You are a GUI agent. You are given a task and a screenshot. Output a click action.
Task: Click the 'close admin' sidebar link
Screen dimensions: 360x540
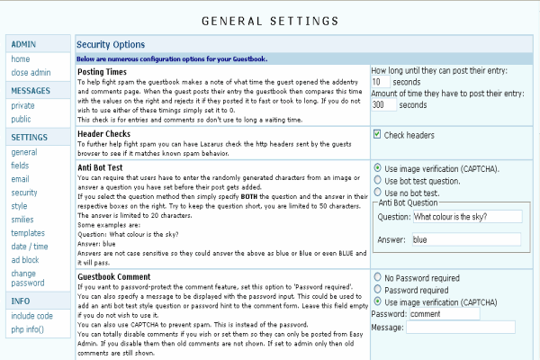click(31, 71)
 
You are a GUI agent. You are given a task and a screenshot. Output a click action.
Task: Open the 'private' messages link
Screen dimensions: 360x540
click(23, 105)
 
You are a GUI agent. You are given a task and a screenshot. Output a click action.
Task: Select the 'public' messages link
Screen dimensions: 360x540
click(22, 118)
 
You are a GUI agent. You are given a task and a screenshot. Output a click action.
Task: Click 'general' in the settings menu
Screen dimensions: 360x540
click(24, 152)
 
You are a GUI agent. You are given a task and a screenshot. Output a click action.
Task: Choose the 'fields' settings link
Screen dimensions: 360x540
click(21, 166)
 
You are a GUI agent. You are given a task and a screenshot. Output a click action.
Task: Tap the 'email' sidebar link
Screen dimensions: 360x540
click(21, 179)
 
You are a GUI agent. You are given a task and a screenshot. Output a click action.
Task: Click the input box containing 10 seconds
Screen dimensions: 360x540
click(382, 81)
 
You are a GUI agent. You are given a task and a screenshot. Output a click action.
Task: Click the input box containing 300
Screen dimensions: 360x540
click(384, 104)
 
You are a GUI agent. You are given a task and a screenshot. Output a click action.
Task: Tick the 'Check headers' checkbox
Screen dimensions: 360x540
click(378, 135)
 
